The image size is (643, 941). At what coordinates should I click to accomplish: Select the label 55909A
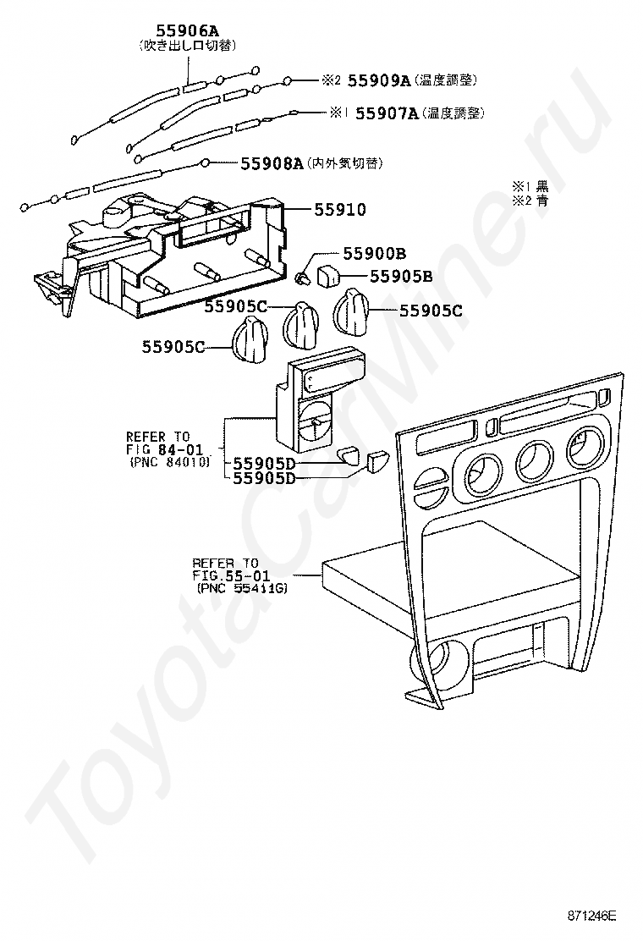pyautogui.click(x=379, y=80)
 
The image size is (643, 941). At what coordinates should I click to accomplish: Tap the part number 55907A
pyautogui.click(x=387, y=113)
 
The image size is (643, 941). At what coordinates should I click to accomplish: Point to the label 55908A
pyautogui.click(x=272, y=162)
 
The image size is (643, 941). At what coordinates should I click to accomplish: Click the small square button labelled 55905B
pyautogui.click(x=329, y=274)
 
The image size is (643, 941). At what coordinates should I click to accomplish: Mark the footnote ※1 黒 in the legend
pyautogui.click(x=530, y=185)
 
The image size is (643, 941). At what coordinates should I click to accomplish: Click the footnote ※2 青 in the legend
pyautogui.click(x=530, y=201)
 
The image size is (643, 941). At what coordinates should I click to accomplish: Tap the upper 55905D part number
pyautogui.click(x=264, y=464)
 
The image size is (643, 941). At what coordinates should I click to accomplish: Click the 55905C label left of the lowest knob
pyautogui.click(x=173, y=345)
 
